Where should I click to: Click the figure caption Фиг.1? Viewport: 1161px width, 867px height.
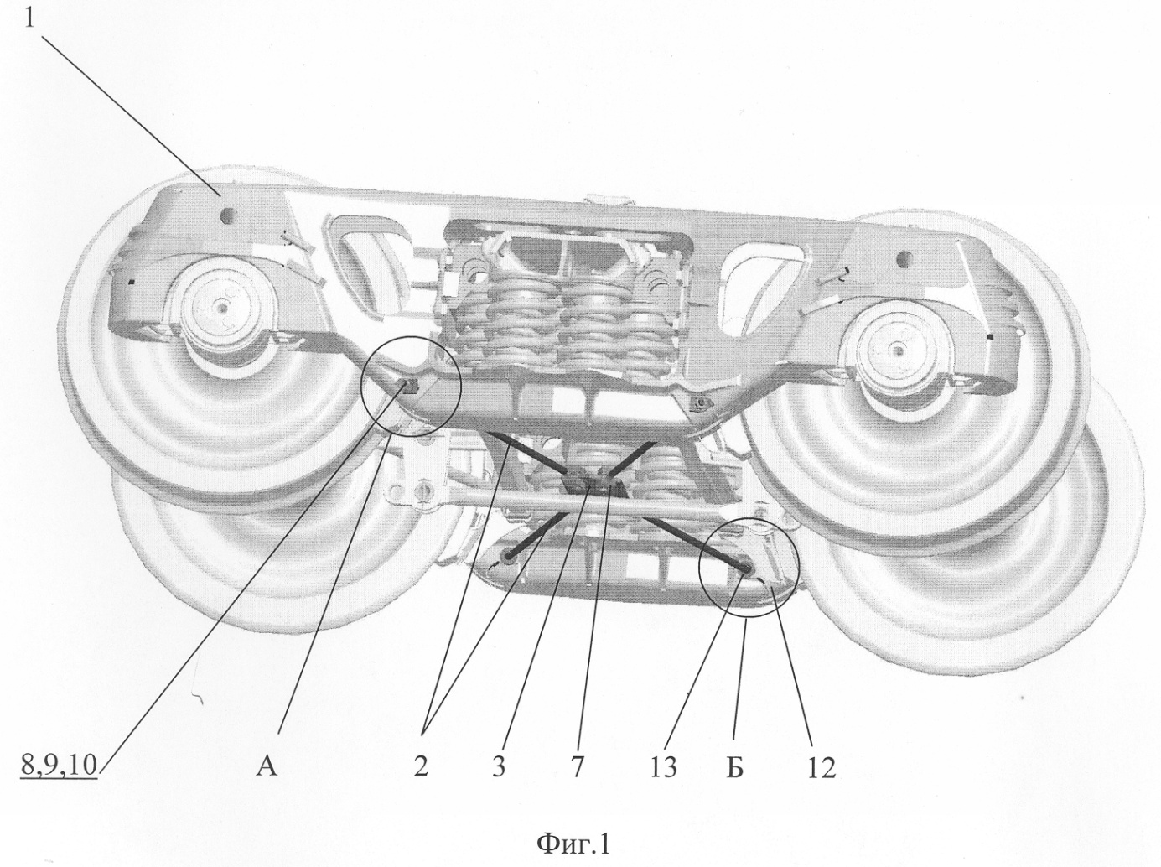[x=573, y=844]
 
